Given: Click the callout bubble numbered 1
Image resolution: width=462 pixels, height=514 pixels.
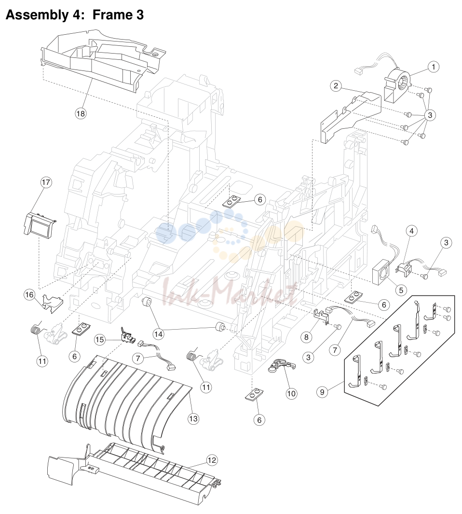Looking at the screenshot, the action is (x=433, y=67).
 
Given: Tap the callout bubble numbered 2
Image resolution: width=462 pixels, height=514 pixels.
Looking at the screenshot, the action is (x=336, y=86).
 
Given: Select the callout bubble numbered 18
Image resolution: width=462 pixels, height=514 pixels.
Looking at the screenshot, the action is (x=80, y=114).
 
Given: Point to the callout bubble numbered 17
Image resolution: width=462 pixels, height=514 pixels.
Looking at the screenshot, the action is (x=46, y=182).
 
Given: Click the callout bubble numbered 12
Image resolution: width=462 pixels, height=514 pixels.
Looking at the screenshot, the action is (x=212, y=460).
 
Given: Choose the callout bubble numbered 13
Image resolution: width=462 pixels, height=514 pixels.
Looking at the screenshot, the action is (x=193, y=418).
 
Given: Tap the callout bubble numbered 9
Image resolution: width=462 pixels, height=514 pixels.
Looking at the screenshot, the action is (x=322, y=392).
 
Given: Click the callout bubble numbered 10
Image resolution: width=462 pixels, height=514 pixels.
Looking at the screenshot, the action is (x=291, y=393).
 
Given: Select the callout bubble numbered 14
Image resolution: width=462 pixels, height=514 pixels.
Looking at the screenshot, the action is (x=158, y=334).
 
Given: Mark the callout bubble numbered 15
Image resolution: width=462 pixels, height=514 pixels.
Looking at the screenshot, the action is (x=100, y=340).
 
